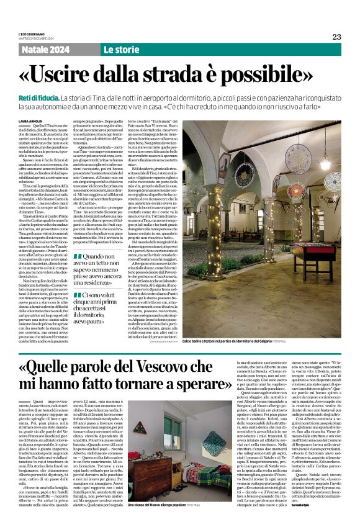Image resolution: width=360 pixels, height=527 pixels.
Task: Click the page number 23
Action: point(336,37)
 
